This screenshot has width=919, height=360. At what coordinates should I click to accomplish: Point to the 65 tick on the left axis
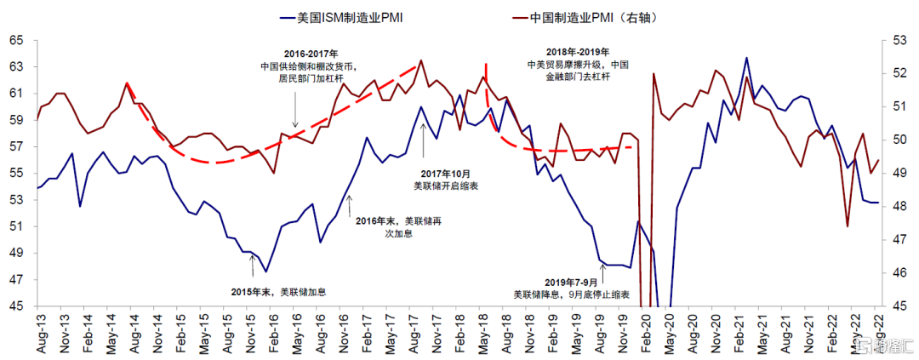tap(17, 40)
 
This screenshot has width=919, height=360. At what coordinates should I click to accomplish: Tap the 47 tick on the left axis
tap(17, 279)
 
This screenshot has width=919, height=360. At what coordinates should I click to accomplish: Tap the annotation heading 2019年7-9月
tap(572, 281)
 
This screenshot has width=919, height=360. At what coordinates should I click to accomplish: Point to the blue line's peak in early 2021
tap(746, 58)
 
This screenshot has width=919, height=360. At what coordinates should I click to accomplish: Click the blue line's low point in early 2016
tap(266, 271)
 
